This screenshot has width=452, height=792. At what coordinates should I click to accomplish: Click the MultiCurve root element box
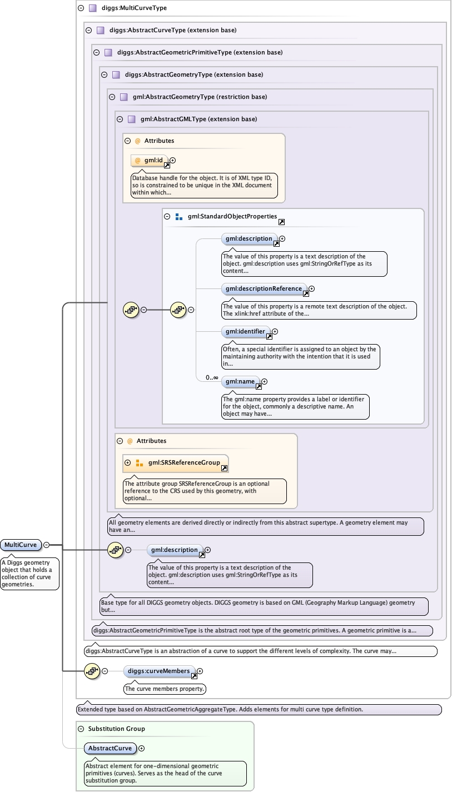(21, 545)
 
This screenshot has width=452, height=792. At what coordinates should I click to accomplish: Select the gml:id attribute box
(150, 161)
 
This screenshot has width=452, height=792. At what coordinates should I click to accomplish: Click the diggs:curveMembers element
(160, 671)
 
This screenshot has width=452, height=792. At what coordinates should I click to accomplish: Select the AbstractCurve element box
(110, 748)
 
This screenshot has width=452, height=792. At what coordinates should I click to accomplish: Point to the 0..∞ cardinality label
(212, 378)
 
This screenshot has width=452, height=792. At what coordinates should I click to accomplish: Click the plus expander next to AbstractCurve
(141, 748)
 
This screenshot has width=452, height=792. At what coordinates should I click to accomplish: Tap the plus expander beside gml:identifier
(275, 331)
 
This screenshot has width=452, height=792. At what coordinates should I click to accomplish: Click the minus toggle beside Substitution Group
(81, 729)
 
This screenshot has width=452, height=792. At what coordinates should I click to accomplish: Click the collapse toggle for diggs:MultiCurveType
(81, 8)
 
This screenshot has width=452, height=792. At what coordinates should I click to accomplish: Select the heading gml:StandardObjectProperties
(232, 216)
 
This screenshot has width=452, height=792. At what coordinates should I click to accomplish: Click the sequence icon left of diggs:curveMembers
(92, 671)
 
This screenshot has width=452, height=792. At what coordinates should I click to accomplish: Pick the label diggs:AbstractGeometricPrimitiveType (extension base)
(200, 52)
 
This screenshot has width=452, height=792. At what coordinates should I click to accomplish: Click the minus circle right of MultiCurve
(47, 545)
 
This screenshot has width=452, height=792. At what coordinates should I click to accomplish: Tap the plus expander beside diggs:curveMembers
(200, 671)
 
